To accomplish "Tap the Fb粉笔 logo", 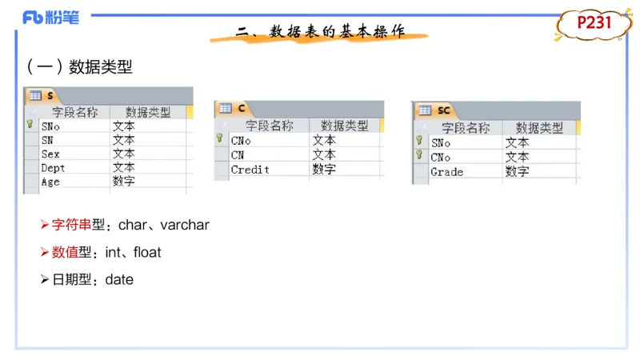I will click(x=51, y=17).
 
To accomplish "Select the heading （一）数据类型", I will click(x=80, y=68).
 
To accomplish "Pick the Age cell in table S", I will click(x=50, y=182).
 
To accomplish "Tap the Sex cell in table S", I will click(x=50, y=154).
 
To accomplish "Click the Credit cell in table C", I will click(x=250, y=170).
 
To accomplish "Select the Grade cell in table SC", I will click(x=446, y=171).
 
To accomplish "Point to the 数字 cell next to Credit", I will click(x=324, y=170).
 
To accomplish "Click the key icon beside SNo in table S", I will click(x=30, y=125).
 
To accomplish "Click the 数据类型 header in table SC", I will click(x=539, y=127).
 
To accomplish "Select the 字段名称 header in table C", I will click(x=269, y=126).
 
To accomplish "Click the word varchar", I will click(x=185, y=226).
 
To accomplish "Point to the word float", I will click(x=147, y=253).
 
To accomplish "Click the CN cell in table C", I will click(x=238, y=155).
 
